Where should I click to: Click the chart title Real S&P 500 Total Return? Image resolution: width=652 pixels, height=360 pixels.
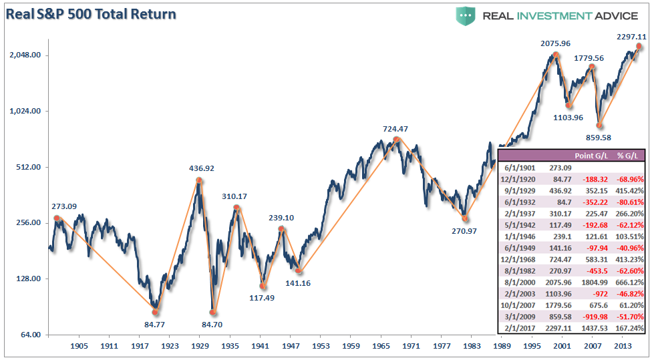coord(92,13)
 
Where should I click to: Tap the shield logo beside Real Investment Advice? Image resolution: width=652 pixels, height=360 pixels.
coord(466,15)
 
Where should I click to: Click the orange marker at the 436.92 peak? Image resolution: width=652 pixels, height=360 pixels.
coord(199,180)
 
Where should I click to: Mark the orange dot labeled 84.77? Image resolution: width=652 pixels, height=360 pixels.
coord(155,312)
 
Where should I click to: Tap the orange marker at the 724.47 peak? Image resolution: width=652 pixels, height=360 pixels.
coord(397,140)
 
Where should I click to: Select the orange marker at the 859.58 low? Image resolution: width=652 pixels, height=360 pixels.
coord(600,125)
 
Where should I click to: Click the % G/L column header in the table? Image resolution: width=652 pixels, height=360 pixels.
coord(627,156)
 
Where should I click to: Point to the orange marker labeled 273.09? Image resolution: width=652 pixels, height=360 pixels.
coord(57,218)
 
